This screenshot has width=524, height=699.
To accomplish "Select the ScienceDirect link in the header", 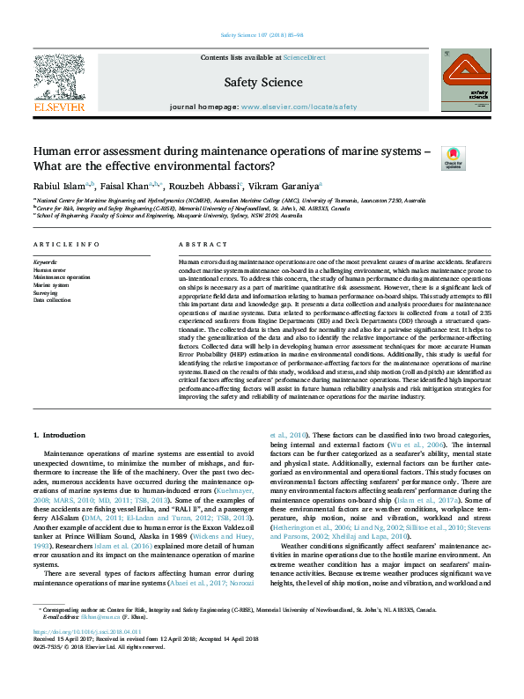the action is click(x=304, y=57).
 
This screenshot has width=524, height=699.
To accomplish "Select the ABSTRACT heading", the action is click(x=196, y=243).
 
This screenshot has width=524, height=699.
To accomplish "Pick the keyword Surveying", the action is click(x=47, y=292).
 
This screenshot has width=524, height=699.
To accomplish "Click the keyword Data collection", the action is click(x=52, y=300).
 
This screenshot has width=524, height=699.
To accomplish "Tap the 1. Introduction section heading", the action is click(x=59, y=435).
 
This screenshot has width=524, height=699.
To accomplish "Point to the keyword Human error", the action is click(x=49, y=269).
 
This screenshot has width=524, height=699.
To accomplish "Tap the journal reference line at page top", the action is click(x=262, y=36).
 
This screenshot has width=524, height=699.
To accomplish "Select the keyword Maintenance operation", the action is click(x=62, y=277).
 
